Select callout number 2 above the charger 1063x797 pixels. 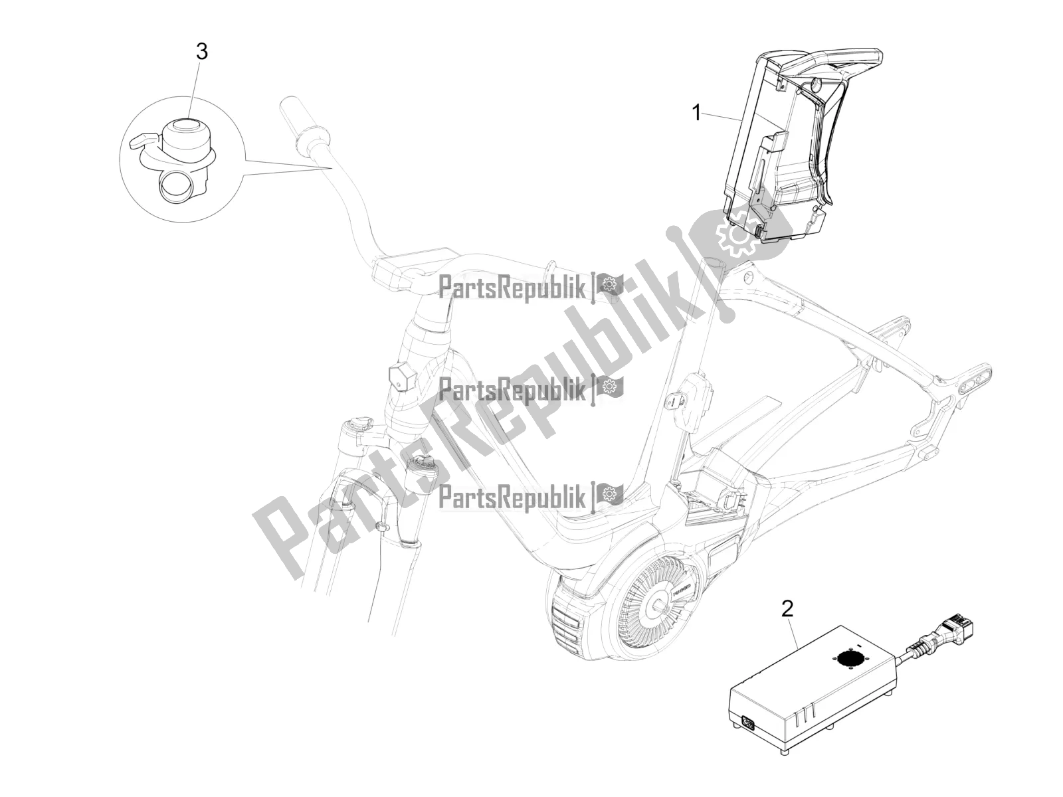787,608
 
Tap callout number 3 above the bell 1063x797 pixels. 201,52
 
